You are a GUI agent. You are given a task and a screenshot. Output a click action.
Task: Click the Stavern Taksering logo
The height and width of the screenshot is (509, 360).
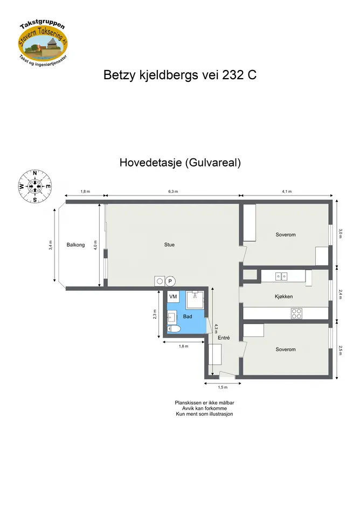pos(43,42)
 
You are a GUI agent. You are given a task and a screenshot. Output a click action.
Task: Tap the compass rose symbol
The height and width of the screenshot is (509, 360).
pos(35,186)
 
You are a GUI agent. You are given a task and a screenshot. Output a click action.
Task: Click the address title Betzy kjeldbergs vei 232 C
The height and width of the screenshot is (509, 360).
pos(180,75)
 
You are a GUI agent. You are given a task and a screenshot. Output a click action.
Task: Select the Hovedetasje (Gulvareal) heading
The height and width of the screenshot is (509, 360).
pos(180,162)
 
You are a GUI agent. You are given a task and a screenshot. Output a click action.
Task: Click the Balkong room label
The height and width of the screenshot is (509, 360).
pos(75,245)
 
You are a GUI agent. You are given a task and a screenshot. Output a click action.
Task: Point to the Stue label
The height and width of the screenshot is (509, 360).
pos(169,245)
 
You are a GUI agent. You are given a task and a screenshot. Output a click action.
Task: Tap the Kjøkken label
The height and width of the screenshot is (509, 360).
pos(283,296)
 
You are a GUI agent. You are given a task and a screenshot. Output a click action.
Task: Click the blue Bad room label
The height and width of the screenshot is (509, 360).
pos(188,317)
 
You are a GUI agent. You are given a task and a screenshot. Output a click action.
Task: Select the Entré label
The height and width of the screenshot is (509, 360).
pos(224,338)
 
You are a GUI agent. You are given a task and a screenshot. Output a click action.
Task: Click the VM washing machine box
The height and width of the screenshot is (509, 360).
pos(173,296)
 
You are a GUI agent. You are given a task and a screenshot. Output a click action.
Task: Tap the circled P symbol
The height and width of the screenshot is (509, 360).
pos(170,281)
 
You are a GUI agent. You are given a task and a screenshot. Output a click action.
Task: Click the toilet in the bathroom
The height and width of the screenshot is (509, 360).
pos(174,330)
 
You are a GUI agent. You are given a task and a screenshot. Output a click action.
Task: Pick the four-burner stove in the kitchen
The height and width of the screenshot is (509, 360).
pos(296,313)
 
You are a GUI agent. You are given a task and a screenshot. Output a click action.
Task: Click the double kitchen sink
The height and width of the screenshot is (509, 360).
pos(281,276)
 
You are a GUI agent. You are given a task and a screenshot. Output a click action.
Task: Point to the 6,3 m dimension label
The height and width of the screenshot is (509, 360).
pos(173,192)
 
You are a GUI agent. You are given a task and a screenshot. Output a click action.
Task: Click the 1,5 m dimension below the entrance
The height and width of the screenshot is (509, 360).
pos(223,387)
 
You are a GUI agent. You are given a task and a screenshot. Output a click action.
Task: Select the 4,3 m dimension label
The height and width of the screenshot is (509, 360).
pos(216,329)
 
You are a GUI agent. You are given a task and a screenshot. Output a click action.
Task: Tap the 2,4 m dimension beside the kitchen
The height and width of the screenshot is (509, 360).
pos(340,295)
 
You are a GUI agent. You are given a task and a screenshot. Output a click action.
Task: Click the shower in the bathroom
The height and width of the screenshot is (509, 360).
pos(195,300)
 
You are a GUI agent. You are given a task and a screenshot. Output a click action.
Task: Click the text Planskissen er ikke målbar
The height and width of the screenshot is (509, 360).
pos(204,403)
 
